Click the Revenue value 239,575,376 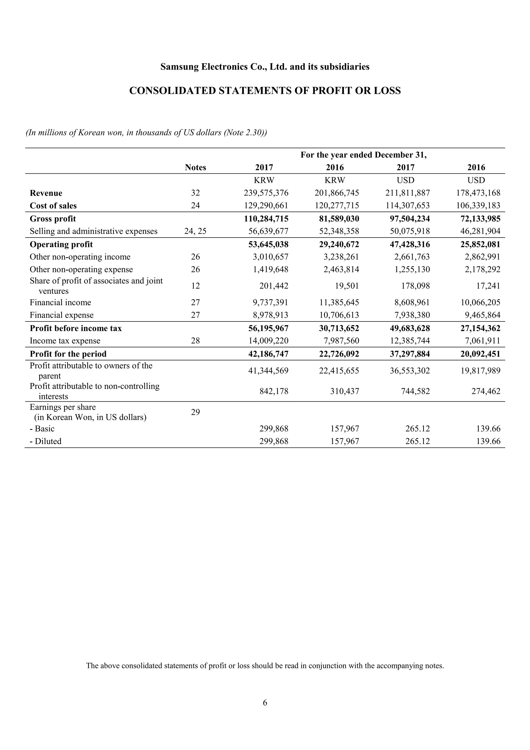tap(266, 193)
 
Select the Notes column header tap(195, 168)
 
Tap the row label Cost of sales tap(53, 206)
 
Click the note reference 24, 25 tap(195, 231)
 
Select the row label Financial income tap(60, 303)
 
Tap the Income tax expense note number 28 tap(195, 341)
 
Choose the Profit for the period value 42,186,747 tap(268, 354)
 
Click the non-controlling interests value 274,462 tap(485, 391)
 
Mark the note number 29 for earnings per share tap(195, 412)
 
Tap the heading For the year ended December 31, tap(363, 155)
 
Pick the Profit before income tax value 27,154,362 tap(480, 328)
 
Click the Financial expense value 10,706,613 tap(339, 315)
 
